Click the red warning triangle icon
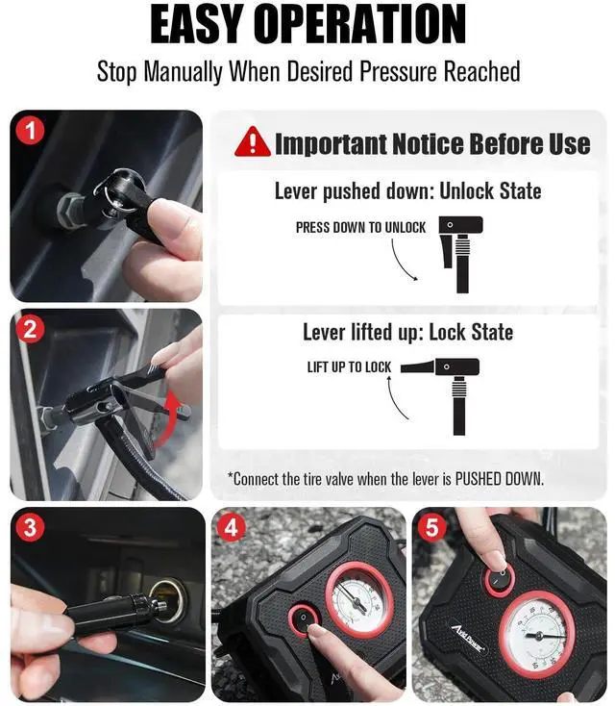click(x=253, y=142)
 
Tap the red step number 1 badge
click(x=32, y=131)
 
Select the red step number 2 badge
click(x=32, y=330)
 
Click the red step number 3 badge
click(x=32, y=528)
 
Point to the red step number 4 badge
click(x=232, y=528)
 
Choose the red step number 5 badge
click(x=432, y=528)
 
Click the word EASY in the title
click(x=213, y=26)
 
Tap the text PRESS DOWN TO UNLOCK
click(x=360, y=227)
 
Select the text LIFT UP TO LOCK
click(x=349, y=367)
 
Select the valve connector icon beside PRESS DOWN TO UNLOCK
click(x=458, y=252)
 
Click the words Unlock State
click(x=490, y=191)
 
